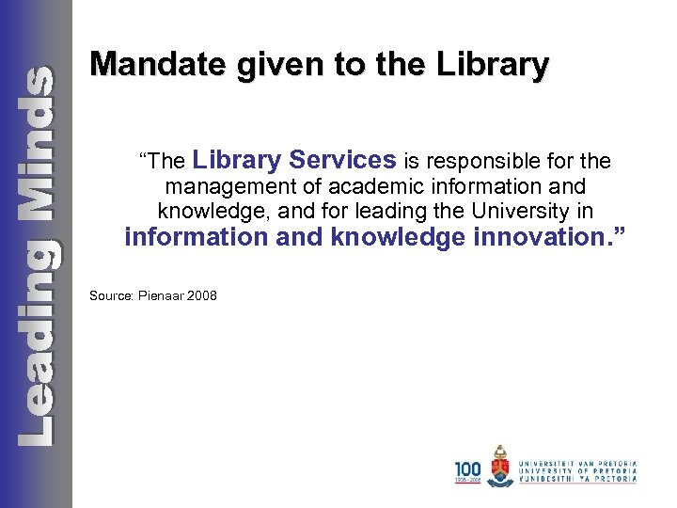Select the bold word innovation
542,236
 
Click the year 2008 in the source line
202,295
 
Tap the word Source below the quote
111,295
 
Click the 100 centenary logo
467,470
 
